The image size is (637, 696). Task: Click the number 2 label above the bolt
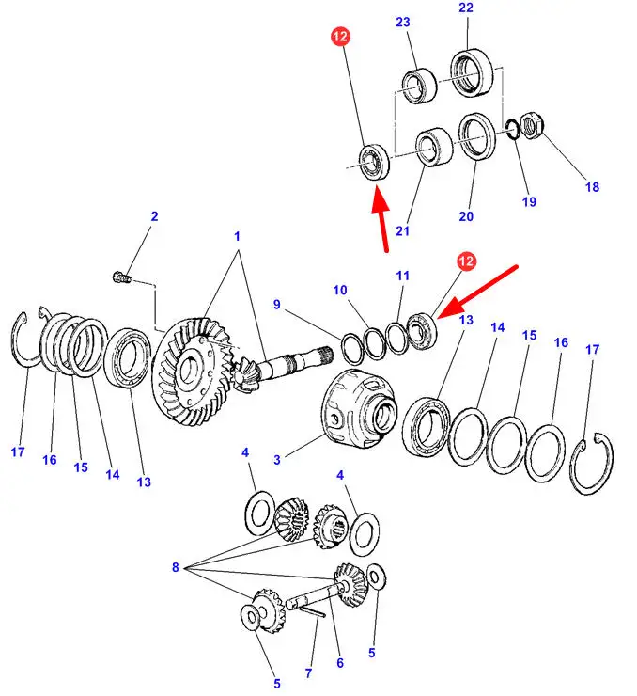(x=155, y=217)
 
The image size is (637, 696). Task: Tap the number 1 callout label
(x=238, y=236)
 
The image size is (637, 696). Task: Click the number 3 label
(x=277, y=459)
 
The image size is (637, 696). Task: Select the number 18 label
(x=592, y=187)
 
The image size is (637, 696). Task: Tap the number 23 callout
(x=402, y=23)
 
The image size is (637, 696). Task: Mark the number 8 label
(x=175, y=567)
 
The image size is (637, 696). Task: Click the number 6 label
(x=340, y=664)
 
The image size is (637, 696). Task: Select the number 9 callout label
(x=278, y=304)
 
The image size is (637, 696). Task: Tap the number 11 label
(x=402, y=276)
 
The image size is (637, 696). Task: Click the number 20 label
(x=466, y=217)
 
